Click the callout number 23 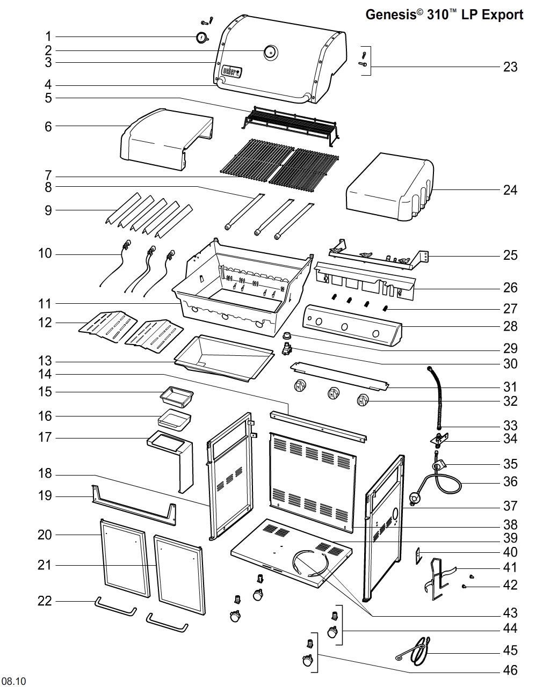point(510,67)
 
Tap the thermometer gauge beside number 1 point(202,38)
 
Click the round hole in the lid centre point(270,52)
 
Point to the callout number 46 point(510,670)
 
